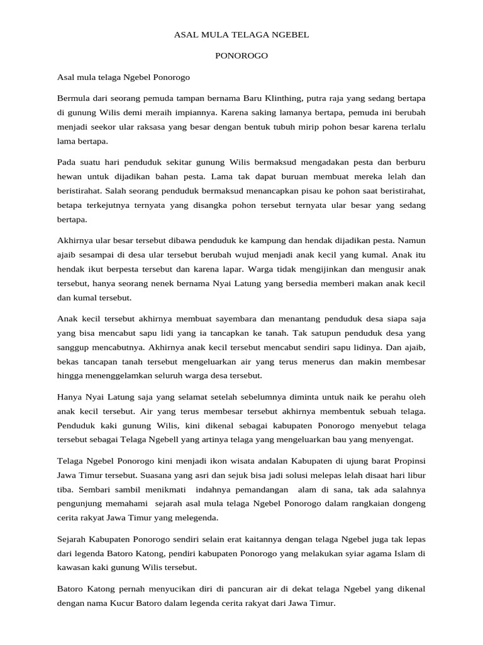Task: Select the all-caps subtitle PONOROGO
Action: pos(241,56)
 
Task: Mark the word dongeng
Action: pos(409,504)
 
